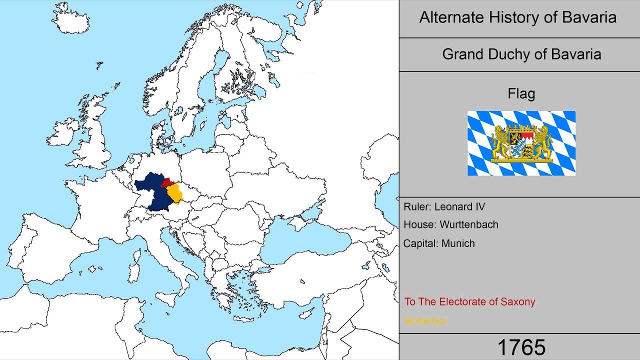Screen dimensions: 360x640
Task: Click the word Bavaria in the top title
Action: [x=589, y=17]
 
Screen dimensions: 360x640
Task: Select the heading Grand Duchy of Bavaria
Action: [x=521, y=54]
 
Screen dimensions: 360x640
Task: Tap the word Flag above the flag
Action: [x=521, y=93]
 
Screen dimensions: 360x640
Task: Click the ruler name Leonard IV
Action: [x=459, y=206]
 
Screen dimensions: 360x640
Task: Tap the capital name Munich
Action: [x=457, y=243]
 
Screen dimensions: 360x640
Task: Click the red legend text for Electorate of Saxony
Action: [x=469, y=302]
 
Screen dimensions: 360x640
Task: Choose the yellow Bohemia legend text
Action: [x=424, y=321]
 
